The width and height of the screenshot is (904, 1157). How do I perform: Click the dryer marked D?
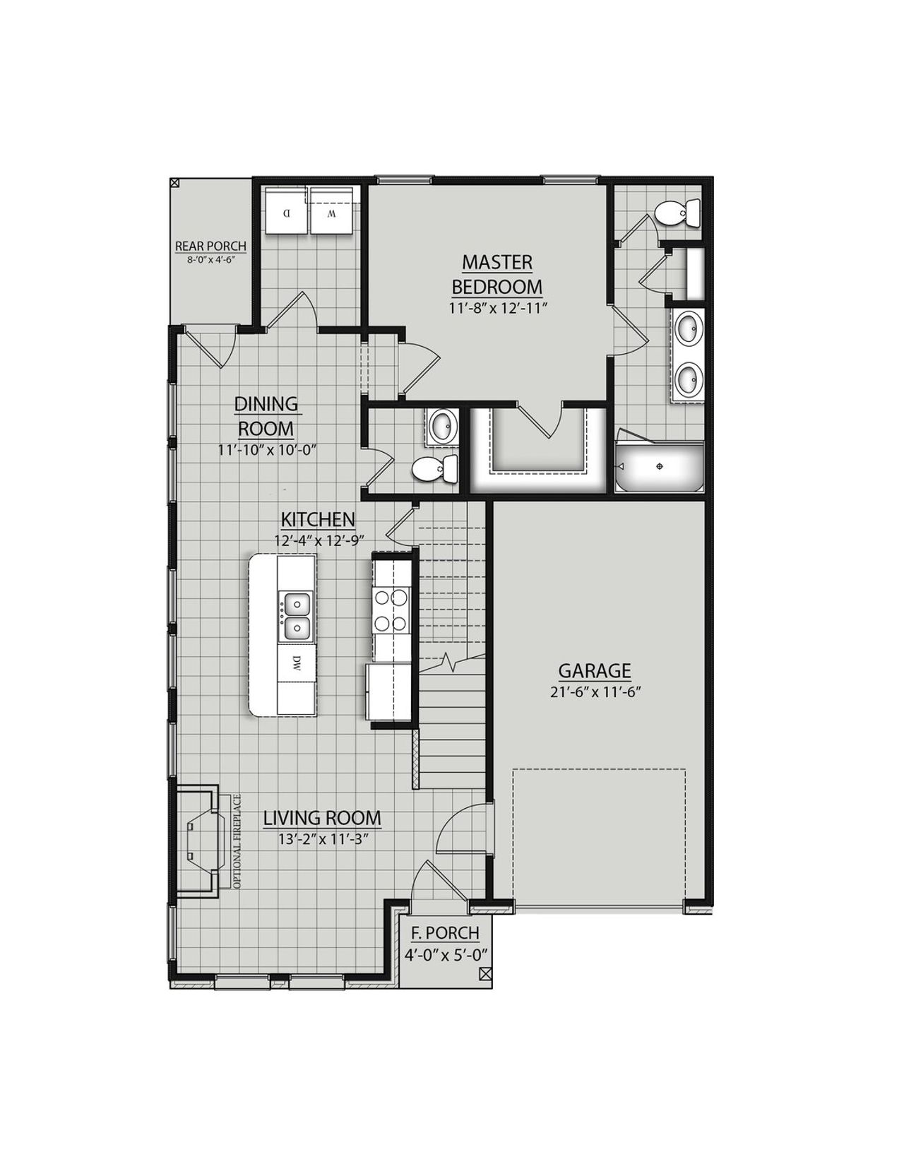point(286,210)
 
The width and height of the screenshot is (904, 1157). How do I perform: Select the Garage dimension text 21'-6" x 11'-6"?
point(595,692)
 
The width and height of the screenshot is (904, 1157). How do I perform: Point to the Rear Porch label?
point(210,247)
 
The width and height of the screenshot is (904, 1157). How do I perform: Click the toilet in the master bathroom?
point(677,213)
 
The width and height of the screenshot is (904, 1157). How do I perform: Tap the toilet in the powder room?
point(434,469)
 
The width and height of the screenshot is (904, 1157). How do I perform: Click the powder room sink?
point(443,427)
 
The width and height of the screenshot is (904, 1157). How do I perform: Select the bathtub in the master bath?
point(660,467)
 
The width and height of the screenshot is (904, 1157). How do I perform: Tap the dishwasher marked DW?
point(297,663)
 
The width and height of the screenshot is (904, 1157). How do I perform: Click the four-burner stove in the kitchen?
point(391,610)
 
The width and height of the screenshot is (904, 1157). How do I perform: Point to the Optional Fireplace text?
point(237,842)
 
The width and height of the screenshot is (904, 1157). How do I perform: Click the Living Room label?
point(322,819)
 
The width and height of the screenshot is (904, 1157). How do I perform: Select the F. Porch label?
point(445,933)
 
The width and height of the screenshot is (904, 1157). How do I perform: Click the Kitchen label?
point(318,520)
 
